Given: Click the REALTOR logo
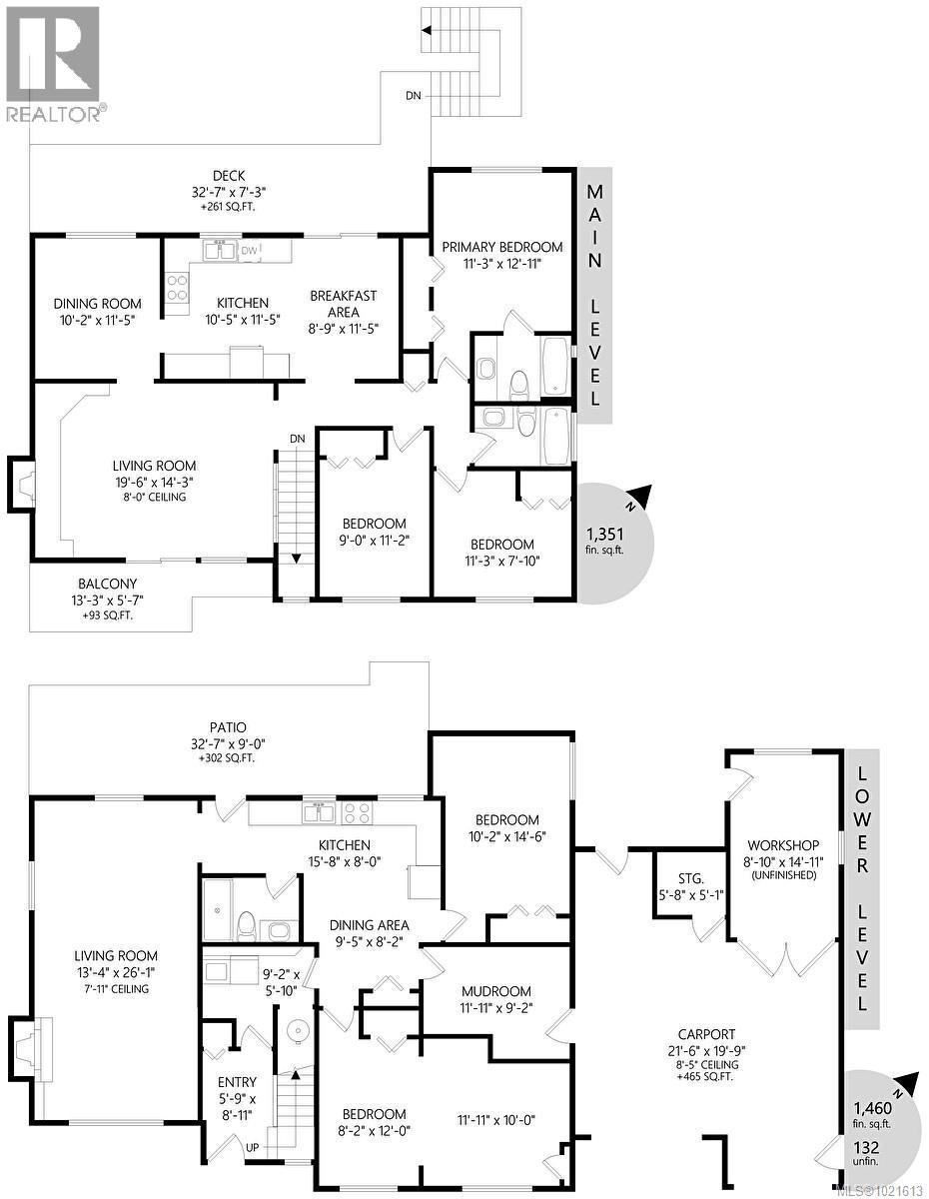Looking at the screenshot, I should point(52,62).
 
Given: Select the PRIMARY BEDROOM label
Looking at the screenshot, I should point(502,247).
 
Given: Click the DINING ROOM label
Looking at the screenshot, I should point(97,304).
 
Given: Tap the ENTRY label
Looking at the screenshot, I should point(237,1081).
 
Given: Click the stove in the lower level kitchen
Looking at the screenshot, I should point(358,812).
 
